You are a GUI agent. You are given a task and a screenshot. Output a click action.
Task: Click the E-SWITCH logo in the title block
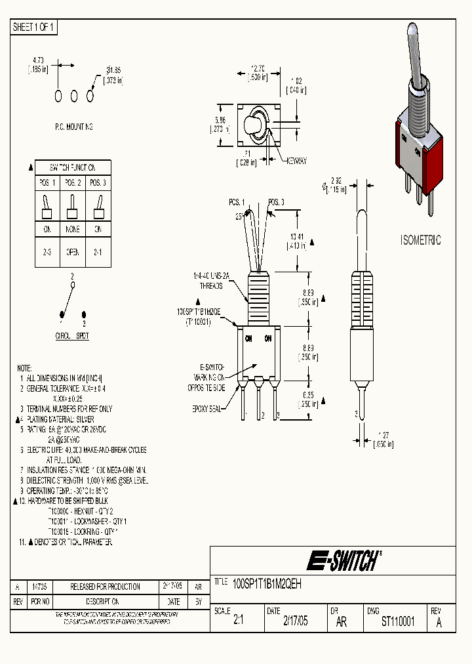[x=343, y=561]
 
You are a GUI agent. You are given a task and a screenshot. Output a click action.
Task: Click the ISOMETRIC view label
[x=420, y=240]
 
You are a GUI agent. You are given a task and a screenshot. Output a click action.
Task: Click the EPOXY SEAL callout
[x=208, y=408]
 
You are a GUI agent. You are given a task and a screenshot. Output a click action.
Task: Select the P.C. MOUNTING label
[x=73, y=127]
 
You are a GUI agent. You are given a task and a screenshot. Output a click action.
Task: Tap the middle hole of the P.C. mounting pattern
[x=74, y=96]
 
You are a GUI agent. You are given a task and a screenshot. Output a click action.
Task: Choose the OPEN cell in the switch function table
[x=73, y=251]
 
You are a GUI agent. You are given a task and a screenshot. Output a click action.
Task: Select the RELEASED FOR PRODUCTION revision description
[x=105, y=587]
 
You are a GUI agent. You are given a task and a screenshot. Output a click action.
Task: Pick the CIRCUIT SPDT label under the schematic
[x=72, y=335]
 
